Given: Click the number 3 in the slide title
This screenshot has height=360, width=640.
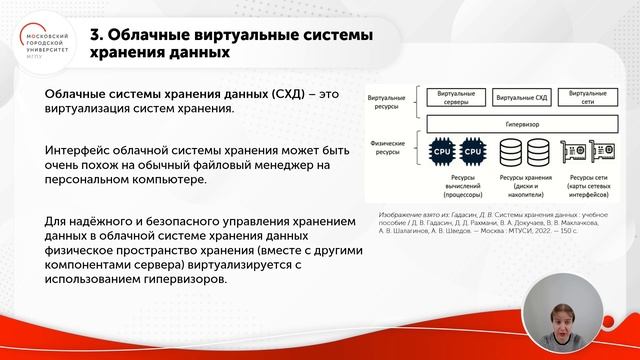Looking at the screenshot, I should click(96, 34).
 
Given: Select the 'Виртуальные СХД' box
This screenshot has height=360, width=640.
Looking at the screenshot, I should click(525, 98).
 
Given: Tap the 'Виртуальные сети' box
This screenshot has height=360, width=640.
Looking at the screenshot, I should click(595, 98).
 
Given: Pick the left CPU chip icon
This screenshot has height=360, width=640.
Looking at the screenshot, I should click(441, 152).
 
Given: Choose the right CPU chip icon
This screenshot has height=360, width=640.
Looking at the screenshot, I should click(473, 152).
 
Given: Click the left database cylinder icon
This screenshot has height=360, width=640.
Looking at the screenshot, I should click(510, 152).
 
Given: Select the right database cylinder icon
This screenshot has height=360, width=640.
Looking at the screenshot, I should click(540, 152).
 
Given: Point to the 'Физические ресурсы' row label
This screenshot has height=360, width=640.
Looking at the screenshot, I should click(386, 148).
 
